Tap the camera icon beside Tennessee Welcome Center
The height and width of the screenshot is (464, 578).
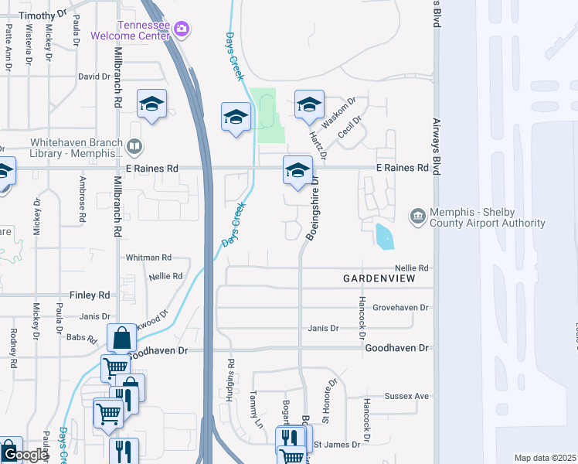click(182, 29)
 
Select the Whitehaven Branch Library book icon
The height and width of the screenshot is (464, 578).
click(135, 146)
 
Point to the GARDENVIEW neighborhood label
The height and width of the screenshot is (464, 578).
click(379, 278)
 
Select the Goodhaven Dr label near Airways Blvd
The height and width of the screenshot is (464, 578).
click(396, 348)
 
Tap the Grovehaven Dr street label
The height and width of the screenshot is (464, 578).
click(400, 307)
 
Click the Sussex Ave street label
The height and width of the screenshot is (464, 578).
click(409, 396)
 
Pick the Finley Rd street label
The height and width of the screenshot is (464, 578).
click(90, 295)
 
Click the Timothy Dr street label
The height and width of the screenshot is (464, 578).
click(42, 15)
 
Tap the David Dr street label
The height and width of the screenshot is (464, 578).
click(95, 77)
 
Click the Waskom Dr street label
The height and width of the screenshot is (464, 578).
click(338, 111)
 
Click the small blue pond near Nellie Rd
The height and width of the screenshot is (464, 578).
click(384, 237)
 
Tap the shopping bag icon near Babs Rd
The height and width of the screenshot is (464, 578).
click(122, 338)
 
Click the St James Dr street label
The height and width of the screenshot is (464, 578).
click(338, 445)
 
